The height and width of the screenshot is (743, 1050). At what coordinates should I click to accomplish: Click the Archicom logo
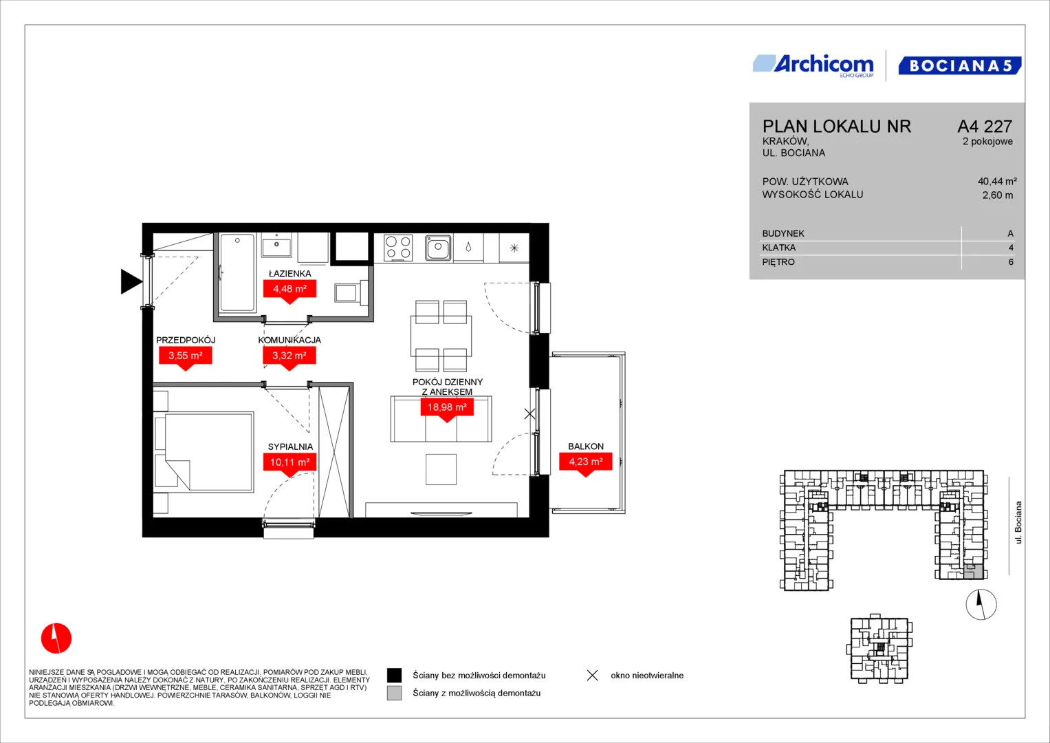pyautogui.click(x=813, y=65)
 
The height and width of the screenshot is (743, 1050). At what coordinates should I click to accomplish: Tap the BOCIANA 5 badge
pyautogui.click(x=960, y=65)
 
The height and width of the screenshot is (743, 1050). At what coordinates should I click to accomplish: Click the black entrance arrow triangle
pyautogui.click(x=131, y=281)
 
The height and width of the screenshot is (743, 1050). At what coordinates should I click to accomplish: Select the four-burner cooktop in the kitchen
pyautogui.click(x=398, y=248)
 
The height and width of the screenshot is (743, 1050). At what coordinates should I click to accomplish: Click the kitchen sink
pyautogui.click(x=438, y=247)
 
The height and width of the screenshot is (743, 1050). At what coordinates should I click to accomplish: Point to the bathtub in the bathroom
pyautogui.click(x=238, y=272)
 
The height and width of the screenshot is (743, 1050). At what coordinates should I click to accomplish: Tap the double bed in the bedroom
pyautogui.click(x=204, y=452)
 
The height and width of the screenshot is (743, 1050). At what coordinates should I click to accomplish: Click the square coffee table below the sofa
pyautogui.click(x=441, y=469)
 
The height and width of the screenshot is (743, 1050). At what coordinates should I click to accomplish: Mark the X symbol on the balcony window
pyautogui.click(x=529, y=413)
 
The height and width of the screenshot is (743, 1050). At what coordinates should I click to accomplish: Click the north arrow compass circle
pyautogui.click(x=981, y=604)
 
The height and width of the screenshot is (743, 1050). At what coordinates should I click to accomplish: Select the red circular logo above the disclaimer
pyautogui.click(x=56, y=638)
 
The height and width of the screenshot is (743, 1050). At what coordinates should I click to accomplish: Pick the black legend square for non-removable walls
pyautogui.click(x=394, y=676)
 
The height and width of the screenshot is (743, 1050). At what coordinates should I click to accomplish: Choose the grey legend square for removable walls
pyautogui.click(x=394, y=693)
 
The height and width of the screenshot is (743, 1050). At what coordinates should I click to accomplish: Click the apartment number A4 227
pyautogui.click(x=985, y=126)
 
